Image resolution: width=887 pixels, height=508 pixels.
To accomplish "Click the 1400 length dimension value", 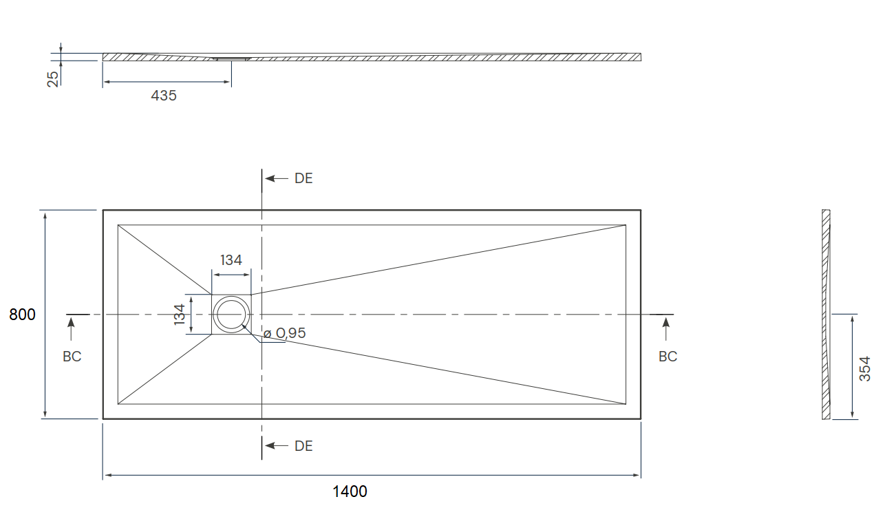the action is tap(350, 491).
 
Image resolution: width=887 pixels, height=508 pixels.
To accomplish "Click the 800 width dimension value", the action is tap(22, 315).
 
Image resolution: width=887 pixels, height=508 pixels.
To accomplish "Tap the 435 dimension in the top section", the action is tap(164, 96).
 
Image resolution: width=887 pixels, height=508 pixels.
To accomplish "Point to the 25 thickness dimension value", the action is tap(53, 79).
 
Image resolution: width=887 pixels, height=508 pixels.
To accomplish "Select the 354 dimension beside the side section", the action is tap(865, 369).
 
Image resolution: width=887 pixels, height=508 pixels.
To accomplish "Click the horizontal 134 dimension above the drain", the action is tap(231, 260).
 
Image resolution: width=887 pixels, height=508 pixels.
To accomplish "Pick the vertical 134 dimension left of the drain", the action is tap(180, 315).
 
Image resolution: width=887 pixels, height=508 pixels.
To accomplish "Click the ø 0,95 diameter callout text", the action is tap(284, 333).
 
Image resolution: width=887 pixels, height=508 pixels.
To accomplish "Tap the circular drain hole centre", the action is tap(231, 315).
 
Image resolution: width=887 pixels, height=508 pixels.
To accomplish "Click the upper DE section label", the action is tap(303, 178).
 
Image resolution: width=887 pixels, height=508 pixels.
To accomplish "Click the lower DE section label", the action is tap(303, 446).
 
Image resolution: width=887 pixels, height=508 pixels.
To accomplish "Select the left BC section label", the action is tap(72, 357).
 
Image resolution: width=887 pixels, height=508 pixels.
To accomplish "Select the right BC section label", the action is tap(667, 357).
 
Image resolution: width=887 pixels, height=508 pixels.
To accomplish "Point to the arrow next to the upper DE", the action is tap(277, 178).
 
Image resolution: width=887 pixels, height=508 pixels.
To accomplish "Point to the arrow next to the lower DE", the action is tap(277, 446).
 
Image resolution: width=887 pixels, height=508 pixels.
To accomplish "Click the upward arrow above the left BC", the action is tap(72, 329).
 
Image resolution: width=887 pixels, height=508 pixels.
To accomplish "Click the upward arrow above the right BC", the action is tap(666, 329).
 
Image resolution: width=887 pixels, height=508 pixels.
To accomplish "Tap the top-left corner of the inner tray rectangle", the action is tap(118, 225).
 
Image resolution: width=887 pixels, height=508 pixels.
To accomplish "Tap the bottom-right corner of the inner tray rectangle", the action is tap(626, 404).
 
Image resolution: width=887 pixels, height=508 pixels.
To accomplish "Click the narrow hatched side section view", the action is tap(826, 315).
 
